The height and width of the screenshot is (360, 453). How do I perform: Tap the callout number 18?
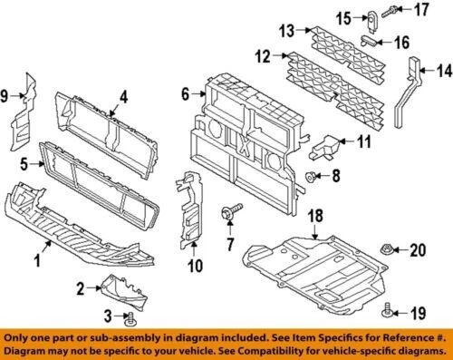click(316, 215)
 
